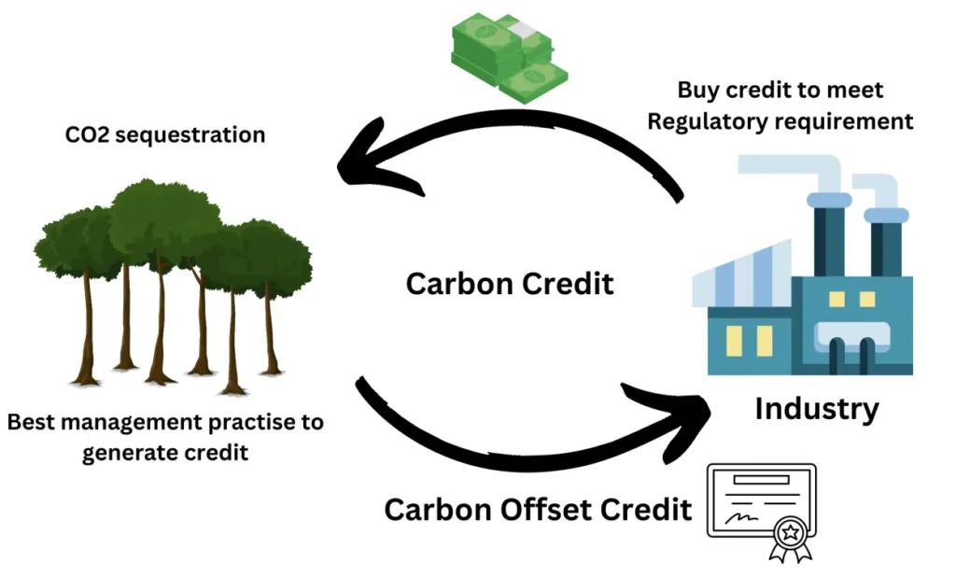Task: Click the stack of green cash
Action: pos(509,57)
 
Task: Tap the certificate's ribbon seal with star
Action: pos(791,538)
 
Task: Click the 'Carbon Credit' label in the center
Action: pos(510,284)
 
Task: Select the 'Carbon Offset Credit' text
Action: pos(538,509)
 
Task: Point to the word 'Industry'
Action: pos(817,409)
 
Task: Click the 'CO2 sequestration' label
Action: pos(165,134)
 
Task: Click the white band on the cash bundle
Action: pos(523,28)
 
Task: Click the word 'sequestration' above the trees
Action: pos(190,135)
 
